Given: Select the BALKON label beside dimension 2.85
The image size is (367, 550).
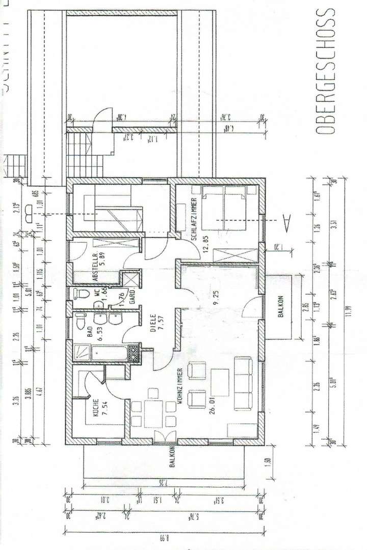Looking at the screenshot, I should pos(280,307).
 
